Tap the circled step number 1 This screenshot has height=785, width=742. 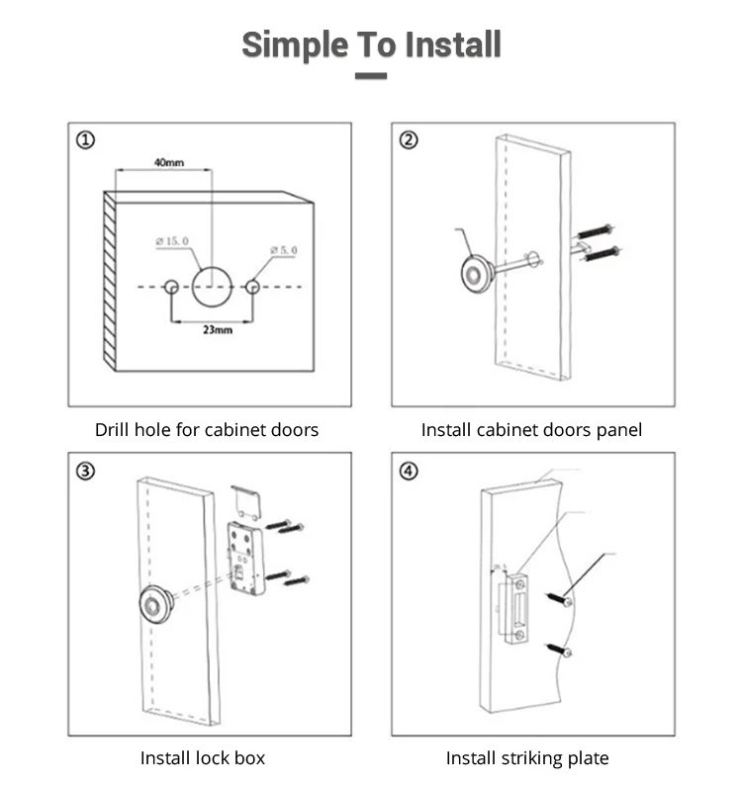(86, 140)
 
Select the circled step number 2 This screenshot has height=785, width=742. (409, 140)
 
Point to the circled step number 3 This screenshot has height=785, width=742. (86, 471)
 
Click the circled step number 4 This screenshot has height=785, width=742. (409, 471)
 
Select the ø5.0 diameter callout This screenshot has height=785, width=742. (280, 251)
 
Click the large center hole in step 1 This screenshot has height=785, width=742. (212, 287)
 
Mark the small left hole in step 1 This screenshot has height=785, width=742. (171, 287)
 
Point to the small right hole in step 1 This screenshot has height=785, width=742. (252, 287)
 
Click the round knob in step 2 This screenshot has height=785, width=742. (476, 272)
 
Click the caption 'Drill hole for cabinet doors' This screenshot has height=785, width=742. (207, 430)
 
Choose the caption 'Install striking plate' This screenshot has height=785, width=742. (527, 758)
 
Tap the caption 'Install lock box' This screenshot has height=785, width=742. (203, 758)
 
